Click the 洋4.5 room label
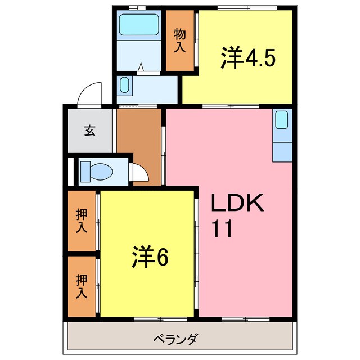tap(247, 58)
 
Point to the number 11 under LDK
tap(222, 229)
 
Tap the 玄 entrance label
tap(90, 130)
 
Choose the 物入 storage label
tap(179, 39)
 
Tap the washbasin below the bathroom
tap(125, 86)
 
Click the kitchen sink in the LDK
tap(281, 119)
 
